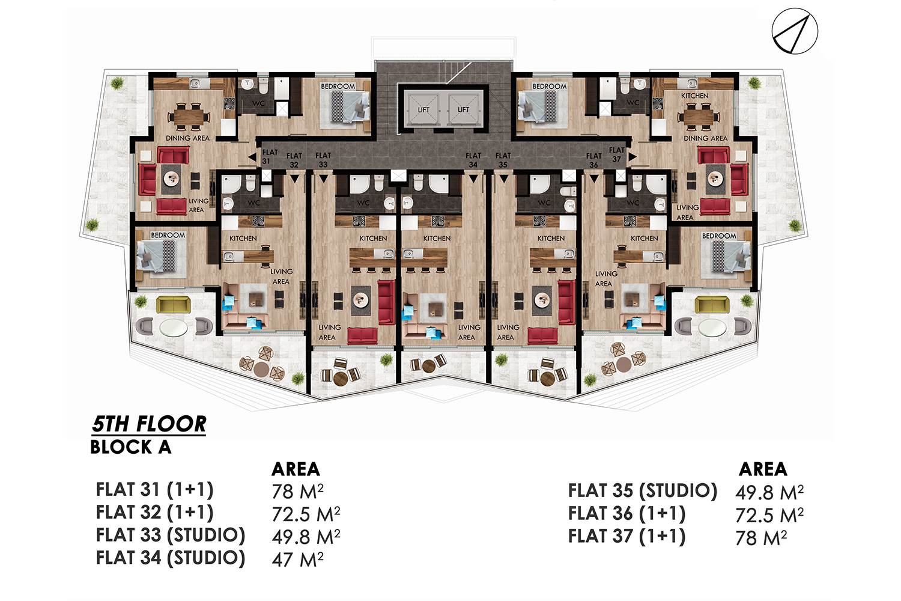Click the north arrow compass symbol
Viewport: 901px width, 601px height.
coord(795,31)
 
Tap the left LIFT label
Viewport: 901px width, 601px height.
coord(423,109)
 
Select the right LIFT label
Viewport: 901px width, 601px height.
coord(463,109)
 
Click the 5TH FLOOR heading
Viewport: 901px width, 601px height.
coord(149,424)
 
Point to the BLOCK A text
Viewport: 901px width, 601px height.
coord(131,447)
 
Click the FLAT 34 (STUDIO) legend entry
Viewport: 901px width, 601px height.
coord(171,558)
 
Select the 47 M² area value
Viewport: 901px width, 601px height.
coord(298,560)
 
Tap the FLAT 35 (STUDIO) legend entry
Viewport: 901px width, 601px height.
coord(643,490)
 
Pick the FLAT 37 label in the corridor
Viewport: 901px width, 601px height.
coord(617,154)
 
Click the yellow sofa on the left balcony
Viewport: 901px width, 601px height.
coord(173,305)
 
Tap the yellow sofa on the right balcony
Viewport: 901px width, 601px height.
coord(712,305)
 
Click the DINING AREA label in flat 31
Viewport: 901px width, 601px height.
coord(188,138)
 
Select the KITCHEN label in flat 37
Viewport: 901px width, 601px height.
coord(694,96)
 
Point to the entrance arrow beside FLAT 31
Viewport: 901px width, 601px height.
coord(252,157)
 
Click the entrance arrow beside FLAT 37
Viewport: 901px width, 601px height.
coord(633,157)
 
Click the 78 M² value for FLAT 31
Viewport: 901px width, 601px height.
coord(298,491)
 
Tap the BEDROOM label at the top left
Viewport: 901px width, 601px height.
coord(338,86)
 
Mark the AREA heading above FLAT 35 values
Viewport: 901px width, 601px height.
coord(763,469)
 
